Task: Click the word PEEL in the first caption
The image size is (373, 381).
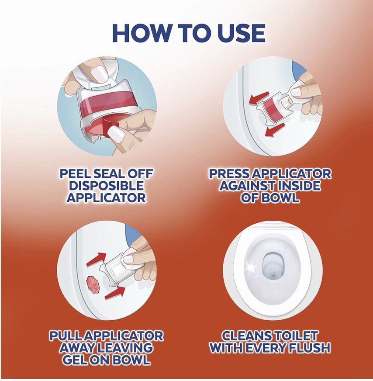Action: click(75, 174)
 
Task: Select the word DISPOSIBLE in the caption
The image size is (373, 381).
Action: click(106, 186)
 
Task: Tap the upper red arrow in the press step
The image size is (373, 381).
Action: click(259, 97)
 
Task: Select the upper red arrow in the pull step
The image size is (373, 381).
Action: click(97, 259)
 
